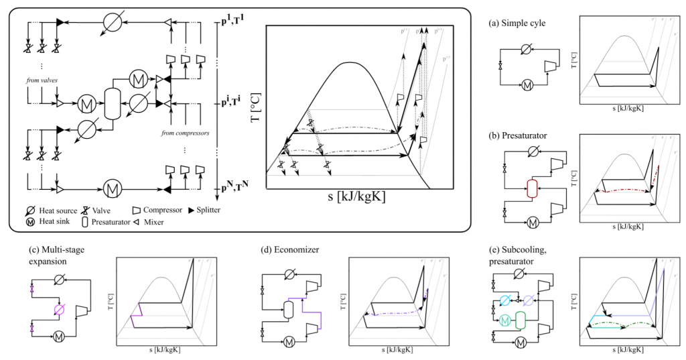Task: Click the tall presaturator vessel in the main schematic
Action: coord(113,104)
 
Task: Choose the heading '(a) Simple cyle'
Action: coord(517,23)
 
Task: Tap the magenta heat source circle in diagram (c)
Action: coord(58,310)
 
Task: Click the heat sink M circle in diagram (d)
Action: coord(290,343)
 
